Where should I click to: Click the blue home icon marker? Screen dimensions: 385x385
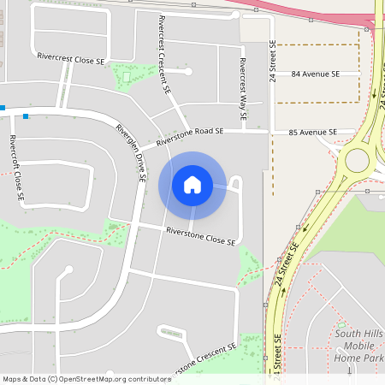(192, 185)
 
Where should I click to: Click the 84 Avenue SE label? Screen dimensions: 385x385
(315, 74)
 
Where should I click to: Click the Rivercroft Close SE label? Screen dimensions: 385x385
(17, 168)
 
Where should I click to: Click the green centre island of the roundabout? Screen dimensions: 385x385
(356, 160)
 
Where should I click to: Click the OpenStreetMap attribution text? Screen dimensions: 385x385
(86, 378)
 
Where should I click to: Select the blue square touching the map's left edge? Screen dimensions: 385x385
(3, 108)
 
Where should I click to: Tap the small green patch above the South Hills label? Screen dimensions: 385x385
(341, 327)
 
